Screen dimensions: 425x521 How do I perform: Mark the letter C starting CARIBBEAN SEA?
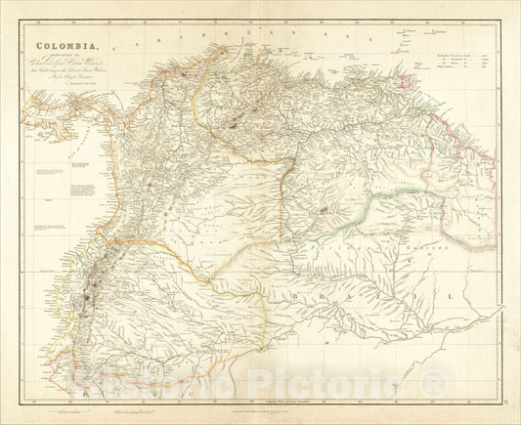(117, 46)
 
